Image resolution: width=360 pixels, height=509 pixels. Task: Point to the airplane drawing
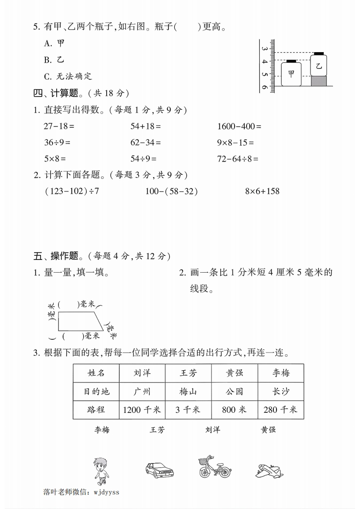269,470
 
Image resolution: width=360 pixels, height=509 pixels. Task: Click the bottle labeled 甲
291,73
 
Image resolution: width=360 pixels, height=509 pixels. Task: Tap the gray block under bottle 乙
319,80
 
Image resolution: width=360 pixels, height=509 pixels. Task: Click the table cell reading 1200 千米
142,409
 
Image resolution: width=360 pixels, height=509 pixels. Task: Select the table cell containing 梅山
188,391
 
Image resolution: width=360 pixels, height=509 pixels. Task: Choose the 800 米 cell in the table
234,409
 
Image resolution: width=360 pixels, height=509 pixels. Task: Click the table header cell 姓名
96,373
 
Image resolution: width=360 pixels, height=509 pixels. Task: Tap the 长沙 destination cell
281,391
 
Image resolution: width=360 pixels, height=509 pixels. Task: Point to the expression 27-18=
59,126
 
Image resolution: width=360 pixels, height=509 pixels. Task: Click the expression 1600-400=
239,126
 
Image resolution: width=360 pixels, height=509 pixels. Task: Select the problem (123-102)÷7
72,191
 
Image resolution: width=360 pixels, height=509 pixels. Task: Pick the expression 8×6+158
262,191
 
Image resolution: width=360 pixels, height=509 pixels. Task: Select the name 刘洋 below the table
212,429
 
